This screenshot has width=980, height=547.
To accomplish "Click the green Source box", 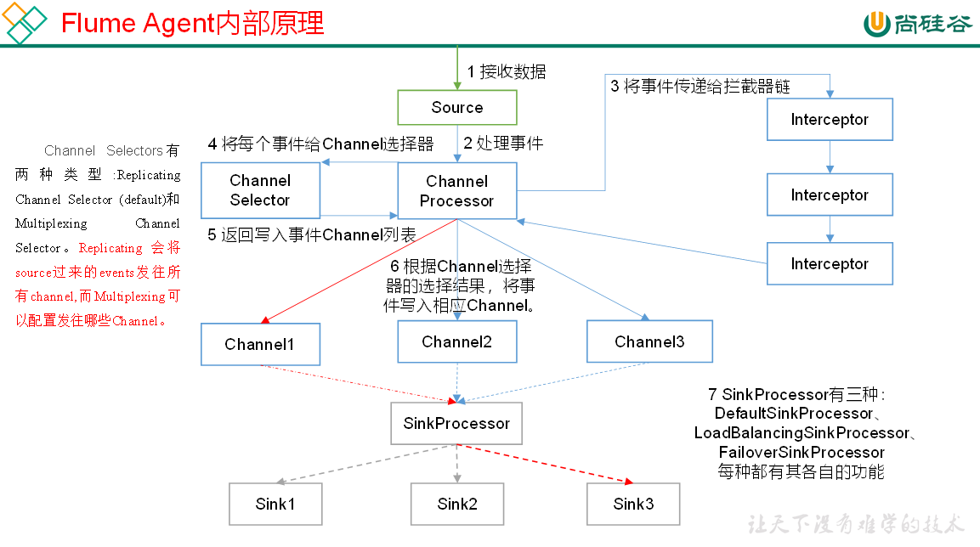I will click(x=457, y=108).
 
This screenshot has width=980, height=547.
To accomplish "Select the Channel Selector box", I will click(x=260, y=190).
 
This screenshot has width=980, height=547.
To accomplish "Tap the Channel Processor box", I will click(x=457, y=191).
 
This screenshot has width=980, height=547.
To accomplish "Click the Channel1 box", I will click(x=260, y=344).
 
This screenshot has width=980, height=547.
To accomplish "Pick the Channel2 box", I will click(x=457, y=342).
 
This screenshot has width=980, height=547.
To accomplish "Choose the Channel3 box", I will click(x=649, y=341).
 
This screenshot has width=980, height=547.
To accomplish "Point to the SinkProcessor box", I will click(x=456, y=423).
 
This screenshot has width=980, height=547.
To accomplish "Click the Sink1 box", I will click(x=275, y=504).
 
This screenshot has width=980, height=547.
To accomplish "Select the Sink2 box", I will click(x=457, y=504).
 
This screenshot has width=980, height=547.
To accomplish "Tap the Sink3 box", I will click(x=633, y=504).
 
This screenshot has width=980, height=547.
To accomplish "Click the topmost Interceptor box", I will click(x=830, y=120).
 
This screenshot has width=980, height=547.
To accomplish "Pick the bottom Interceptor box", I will click(x=830, y=264).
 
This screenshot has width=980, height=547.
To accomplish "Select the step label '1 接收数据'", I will click(x=507, y=71).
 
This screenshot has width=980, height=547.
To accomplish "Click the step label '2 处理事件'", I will click(x=503, y=143).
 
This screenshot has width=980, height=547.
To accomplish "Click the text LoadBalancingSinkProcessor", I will click(x=801, y=433).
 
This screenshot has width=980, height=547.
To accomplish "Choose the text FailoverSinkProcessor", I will click(x=801, y=452).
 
